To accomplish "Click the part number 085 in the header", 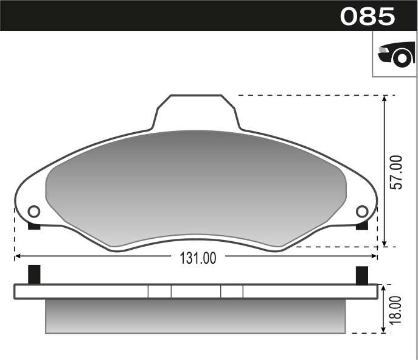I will tap(367, 16).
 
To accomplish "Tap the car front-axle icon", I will tap(395, 54).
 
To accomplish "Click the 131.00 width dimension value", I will tap(198, 258).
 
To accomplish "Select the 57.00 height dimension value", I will tap(396, 172).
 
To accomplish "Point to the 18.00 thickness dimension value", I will tap(396, 309).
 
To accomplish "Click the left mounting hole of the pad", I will tap(34, 211).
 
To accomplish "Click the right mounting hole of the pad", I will tap(362, 211).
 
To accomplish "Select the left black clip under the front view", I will tap(35, 227).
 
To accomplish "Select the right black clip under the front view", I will tap(362, 227).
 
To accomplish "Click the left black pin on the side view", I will tap(35, 275).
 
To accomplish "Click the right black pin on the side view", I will tap(362, 275).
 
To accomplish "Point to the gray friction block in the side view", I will tap(195, 316).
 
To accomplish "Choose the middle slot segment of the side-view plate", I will tap(195, 292).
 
